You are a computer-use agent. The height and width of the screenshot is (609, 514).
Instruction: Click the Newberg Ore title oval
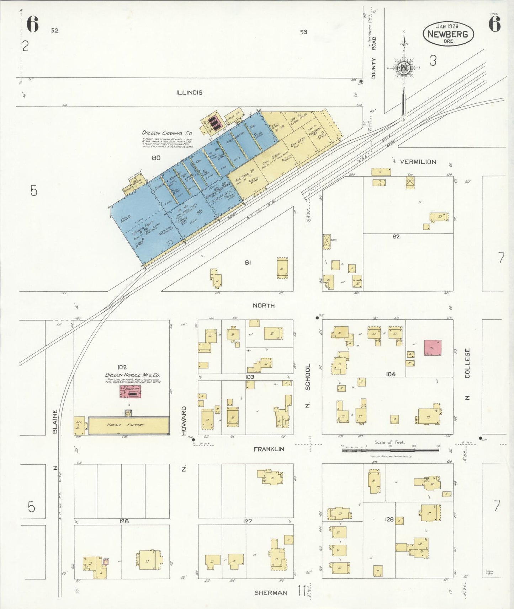pos(448,34)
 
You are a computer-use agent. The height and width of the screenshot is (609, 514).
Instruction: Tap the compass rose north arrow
pos(404,68)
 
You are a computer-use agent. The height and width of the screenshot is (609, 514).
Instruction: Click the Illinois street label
pos(189,92)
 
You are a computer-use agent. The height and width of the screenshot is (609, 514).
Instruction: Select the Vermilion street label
pos(418,162)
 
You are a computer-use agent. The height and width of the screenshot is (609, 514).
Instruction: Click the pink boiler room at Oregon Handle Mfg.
pos(130,391)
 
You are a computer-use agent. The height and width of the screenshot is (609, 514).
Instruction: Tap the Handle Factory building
pos(128,425)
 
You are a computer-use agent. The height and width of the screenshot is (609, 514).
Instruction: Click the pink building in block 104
pos(433,347)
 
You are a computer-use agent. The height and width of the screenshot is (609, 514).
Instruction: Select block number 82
pos(396,236)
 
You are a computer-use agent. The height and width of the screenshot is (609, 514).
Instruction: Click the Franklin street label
pos(269,449)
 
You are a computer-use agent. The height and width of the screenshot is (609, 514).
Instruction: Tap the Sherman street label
pos(271,593)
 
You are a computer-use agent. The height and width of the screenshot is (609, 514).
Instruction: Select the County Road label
pos(373,58)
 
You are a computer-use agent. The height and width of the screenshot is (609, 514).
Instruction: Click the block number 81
pos(248,263)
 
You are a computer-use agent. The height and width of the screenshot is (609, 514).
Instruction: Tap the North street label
pos(264,306)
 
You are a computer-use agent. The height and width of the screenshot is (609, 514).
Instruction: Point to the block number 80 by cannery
pos(156,158)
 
